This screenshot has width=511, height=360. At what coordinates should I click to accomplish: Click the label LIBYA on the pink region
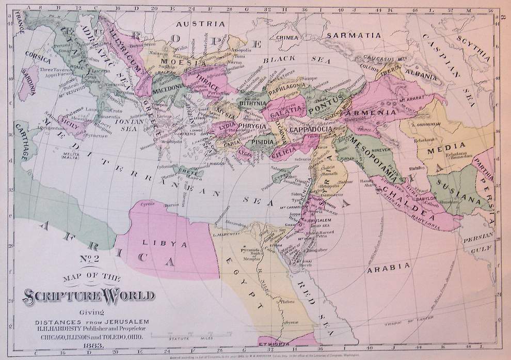156,242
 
